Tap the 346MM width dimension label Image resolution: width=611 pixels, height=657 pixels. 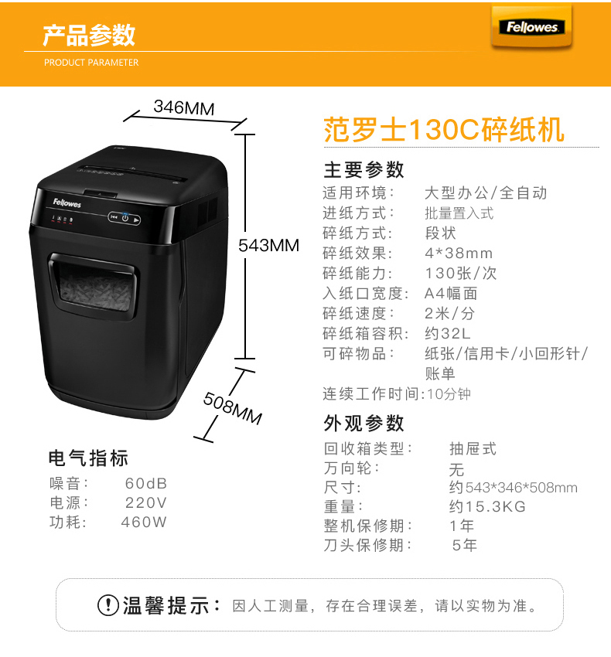[x=184, y=107]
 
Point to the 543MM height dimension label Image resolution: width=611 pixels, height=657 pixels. [x=269, y=245]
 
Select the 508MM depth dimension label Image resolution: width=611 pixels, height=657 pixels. [x=232, y=409]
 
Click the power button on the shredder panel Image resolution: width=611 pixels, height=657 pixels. [x=125, y=218]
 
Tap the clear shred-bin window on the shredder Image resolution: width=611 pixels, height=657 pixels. [x=95, y=288]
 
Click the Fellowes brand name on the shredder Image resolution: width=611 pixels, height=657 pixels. [x=67, y=203]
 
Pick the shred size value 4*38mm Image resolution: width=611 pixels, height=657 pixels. [x=459, y=253]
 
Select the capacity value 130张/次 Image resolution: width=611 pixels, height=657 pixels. [x=461, y=273]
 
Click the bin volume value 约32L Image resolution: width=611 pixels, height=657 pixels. [x=448, y=334]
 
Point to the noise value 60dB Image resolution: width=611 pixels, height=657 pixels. [x=146, y=484]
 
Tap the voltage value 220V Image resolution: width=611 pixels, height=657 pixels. [x=146, y=503]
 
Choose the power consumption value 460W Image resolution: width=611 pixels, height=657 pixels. [x=144, y=522]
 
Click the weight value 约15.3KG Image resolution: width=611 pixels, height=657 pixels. [x=487, y=506]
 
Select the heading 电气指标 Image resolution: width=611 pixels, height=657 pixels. [x=88, y=458]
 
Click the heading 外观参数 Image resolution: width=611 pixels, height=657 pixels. [x=364, y=424]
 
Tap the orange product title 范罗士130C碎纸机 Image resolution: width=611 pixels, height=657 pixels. [x=444, y=130]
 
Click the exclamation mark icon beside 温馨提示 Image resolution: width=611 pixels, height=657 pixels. [x=108, y=605]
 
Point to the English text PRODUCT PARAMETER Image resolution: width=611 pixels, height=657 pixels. [x=91, y=63]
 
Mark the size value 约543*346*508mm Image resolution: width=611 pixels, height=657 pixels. [x=514, y=487]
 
